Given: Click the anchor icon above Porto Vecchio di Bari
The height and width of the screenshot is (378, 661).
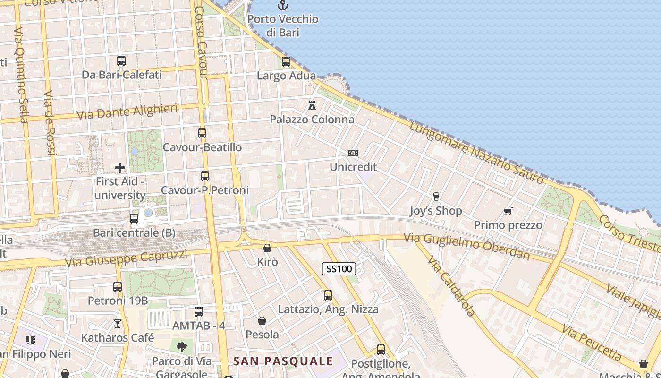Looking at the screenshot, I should (x=282, y=6).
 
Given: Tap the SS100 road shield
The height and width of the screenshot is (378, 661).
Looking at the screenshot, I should (x=339, y=269).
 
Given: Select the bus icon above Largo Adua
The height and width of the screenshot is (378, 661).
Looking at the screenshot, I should (x=286, y=62).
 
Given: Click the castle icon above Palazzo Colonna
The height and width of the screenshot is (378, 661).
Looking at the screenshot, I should (x=312, y=105).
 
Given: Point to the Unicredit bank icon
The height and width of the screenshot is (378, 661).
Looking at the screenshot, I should (x=353, y=153).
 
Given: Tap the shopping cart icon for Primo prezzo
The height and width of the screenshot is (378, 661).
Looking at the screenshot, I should (x=508, y=211).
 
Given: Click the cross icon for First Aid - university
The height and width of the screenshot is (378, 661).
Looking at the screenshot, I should (x=120, y=168).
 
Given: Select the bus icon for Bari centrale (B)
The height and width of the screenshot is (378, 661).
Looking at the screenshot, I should (x=134, y=219).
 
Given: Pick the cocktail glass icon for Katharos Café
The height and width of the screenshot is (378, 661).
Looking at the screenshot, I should (x=118, y=324).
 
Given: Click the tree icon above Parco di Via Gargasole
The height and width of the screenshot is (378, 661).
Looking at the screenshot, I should (x=181, y=347).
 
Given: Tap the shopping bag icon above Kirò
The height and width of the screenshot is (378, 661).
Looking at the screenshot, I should (x=267, y=248).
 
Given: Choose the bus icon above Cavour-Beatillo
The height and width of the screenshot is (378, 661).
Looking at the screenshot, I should (x=202, y=133).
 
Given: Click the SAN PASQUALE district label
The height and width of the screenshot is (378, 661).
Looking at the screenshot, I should (x=283, y=361).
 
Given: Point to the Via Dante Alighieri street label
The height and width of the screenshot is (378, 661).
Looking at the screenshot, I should (x=127, y=112).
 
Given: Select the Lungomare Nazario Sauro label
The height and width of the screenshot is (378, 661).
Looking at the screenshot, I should (x=476, y=152).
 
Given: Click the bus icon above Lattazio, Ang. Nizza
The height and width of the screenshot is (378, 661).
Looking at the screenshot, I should (x=328, y=295).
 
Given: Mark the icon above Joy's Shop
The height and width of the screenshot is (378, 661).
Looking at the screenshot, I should (x=436, y=197).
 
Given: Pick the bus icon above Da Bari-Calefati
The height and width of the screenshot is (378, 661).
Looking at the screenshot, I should (x=121, y=61).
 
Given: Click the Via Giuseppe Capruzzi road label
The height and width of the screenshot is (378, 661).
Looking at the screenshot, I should (x=126, y=258).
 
